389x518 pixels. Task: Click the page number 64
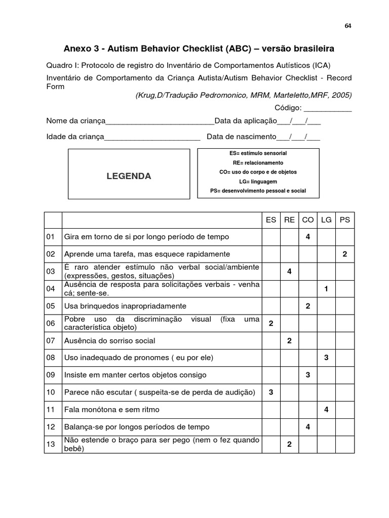[348, 26]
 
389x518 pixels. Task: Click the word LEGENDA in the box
[129, 176]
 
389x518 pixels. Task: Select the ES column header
[271, 220]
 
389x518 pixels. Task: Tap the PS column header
[345, 220]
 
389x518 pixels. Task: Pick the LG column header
[326, 220]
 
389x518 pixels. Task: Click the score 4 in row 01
[308, 237]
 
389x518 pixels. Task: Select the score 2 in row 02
[345, 254]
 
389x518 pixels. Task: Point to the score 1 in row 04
[326, 288]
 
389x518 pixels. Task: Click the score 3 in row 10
[271, 392]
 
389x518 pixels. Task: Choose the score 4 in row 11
[326, 409]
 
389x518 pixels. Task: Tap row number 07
[50, 340]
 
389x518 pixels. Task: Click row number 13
[50, 444]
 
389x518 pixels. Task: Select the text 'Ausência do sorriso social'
[109, 340]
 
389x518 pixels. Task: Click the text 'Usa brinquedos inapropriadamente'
[125, 306]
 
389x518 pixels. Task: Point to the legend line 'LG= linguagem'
[258, 182]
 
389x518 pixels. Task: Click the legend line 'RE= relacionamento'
[258, 163]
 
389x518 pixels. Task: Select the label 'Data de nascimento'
[241, 137]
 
